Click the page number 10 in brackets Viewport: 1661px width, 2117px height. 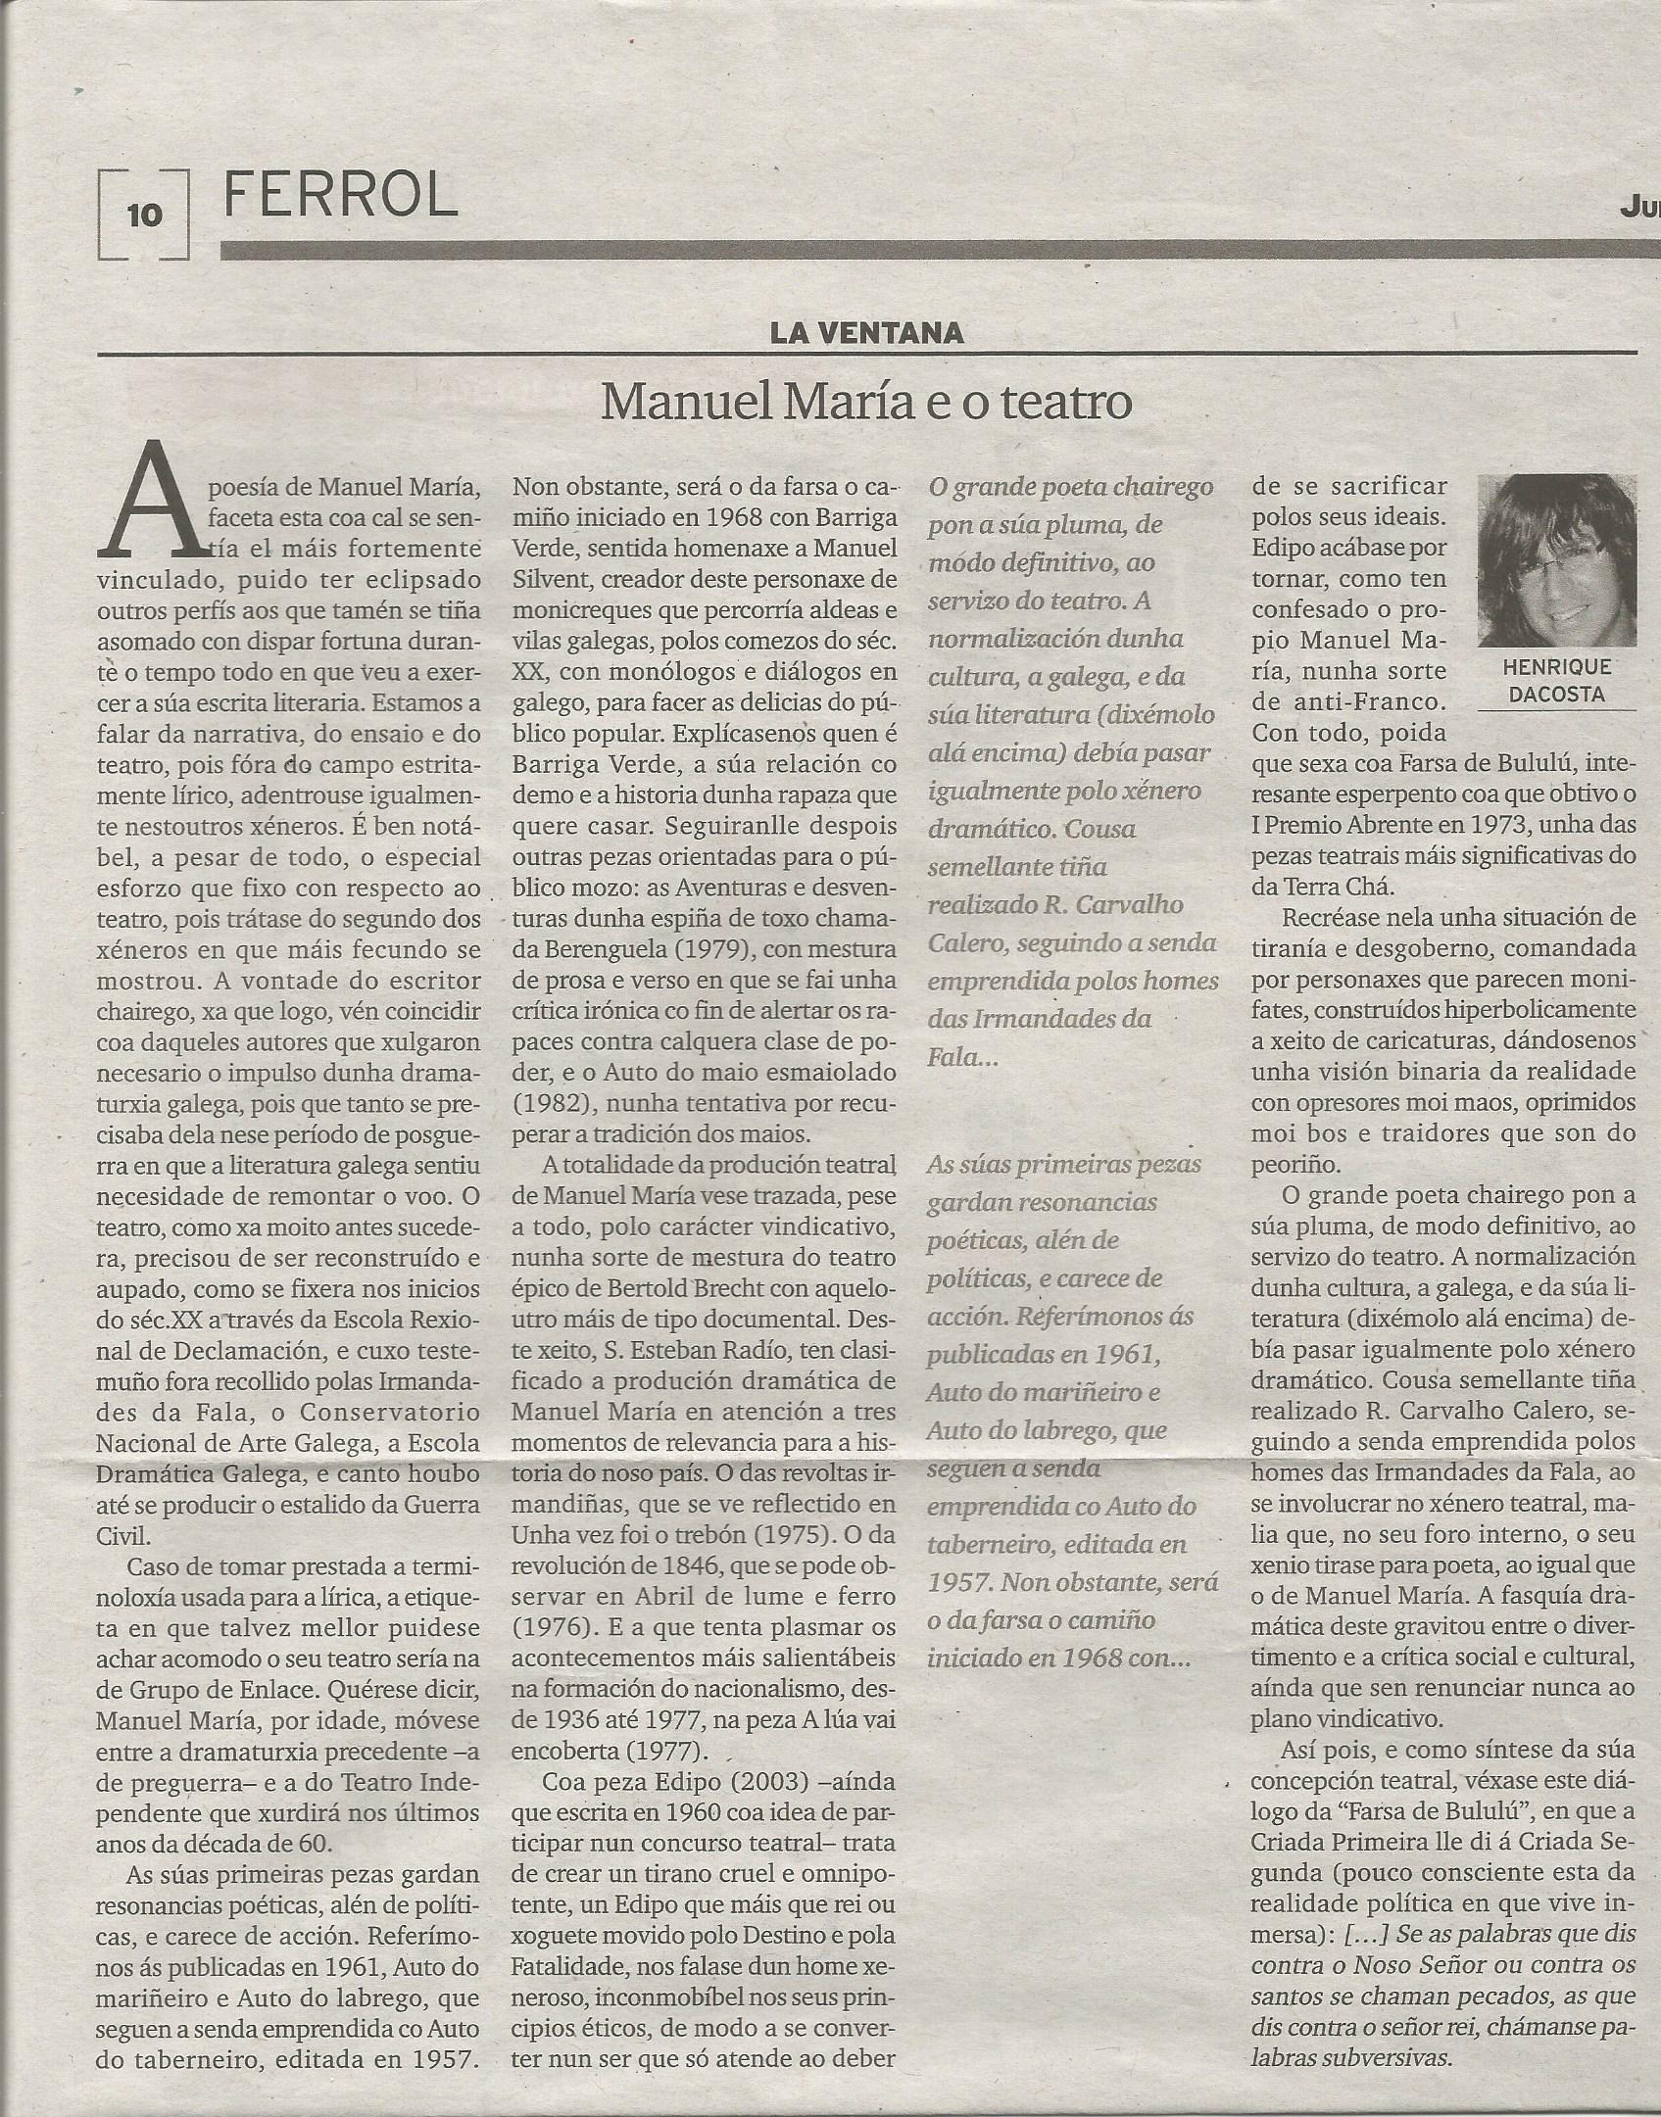(144, 214)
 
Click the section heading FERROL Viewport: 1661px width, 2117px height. (340, 195)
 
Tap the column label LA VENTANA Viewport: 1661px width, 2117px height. (866, 333)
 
